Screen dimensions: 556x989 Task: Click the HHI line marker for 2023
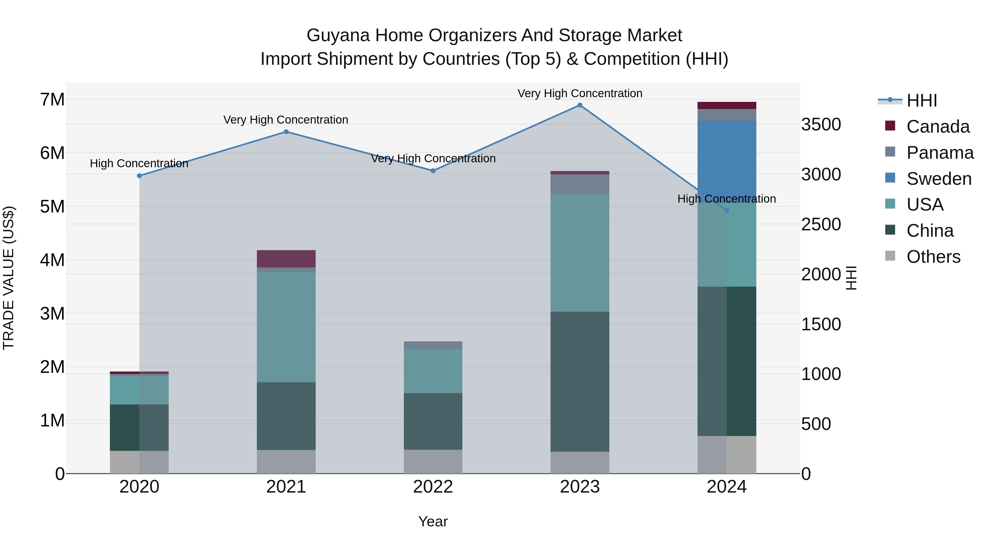pyautogui.click(x=580, y=105)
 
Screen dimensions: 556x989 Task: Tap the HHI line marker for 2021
pyautogui.click(x=286, y=132)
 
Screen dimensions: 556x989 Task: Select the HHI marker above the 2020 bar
pyautogui.click(x=139, y=176)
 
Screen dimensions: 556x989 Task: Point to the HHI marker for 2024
pyautogui.click(x=726, y=211)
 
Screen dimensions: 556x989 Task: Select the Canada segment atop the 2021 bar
pyautogui.click(x=286, y=259)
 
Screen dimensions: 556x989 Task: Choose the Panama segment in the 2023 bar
pyautogui.click(x=580, y=184)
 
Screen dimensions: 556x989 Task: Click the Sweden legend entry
pyautogui.click(x=939, y=179)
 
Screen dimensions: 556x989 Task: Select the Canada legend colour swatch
pyautogui.click(x=890, y=126)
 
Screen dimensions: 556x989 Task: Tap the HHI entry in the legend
pyautogui.click(x=921, y=100)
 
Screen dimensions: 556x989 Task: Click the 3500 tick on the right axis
pyautogui.click(x=821, y=125)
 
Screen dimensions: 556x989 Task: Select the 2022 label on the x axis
pyautogui.click(x=433, y=487)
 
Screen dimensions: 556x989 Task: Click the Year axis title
pyautogui.click(x=433, y=521)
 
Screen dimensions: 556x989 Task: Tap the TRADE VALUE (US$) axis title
pyautogui.click(x=9, y=278)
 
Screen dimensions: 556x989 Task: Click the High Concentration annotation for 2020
pyautogui.click(x=139, y=163)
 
